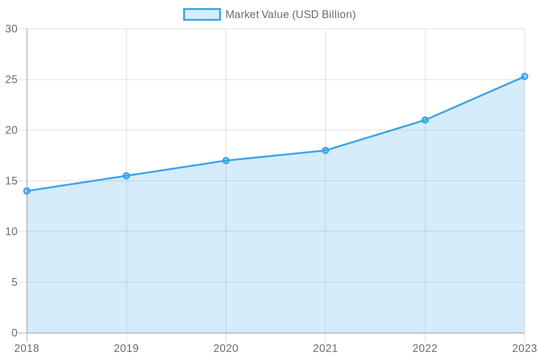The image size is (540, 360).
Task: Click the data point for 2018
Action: [27, 191]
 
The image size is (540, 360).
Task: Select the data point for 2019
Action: [126, 175]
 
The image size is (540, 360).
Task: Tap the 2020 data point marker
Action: [226, 161]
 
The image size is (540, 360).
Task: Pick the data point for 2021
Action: [325, 150]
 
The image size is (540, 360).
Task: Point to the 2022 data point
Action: [425, 120]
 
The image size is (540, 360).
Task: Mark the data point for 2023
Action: [524, 76]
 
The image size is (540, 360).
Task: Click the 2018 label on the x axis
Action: [27, 348]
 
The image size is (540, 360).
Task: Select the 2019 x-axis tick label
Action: [126, 348]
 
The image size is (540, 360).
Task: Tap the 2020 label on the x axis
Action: [226, 348]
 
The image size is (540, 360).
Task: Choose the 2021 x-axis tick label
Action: [325, 348]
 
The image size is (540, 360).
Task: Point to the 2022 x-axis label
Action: [425, 348]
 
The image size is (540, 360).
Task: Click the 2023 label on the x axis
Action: [524, 348]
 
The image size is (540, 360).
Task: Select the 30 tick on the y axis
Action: [11, 29]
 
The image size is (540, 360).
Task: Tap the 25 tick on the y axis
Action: [11, 80]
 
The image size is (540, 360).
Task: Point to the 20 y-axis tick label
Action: [11, 130]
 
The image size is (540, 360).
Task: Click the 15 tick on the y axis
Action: [11, 181]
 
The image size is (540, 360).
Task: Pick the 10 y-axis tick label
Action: [11, 231]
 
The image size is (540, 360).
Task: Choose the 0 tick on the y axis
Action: [14, 333]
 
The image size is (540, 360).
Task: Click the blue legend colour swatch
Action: [202, 14]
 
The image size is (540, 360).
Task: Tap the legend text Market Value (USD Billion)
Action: [291, 14]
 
